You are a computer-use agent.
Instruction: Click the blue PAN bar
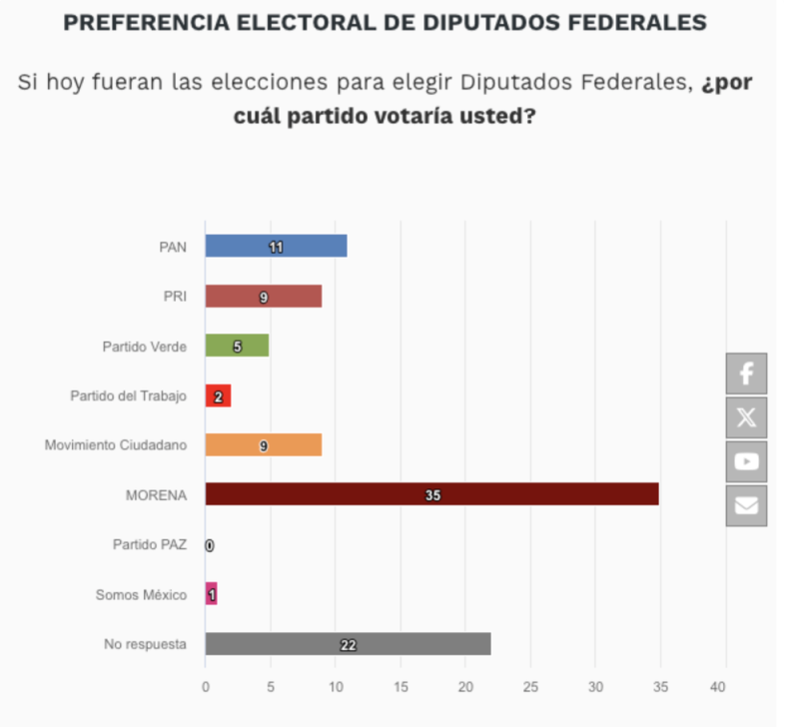277,246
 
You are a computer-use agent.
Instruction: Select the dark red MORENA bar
432,494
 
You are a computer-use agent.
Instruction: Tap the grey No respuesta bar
348,644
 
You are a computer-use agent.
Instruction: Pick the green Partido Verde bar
237,346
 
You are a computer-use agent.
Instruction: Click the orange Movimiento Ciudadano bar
264,444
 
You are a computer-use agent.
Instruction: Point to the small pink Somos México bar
212,593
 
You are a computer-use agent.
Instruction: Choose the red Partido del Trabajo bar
218,395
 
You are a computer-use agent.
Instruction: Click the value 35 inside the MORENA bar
433,495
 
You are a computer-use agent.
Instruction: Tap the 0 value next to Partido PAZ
210,545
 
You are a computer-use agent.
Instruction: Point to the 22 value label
349,645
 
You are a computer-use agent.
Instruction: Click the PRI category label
175,296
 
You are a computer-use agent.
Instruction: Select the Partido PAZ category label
150,544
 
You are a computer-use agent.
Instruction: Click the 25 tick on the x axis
530,687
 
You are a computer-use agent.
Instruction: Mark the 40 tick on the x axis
717,687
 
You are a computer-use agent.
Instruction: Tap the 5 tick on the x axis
271,687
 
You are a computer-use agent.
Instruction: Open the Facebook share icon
746,373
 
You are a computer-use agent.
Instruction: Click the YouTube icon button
746,461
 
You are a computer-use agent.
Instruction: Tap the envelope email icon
746,506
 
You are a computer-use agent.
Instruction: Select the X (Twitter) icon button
746,417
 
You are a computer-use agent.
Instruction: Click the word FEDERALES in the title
637,22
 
